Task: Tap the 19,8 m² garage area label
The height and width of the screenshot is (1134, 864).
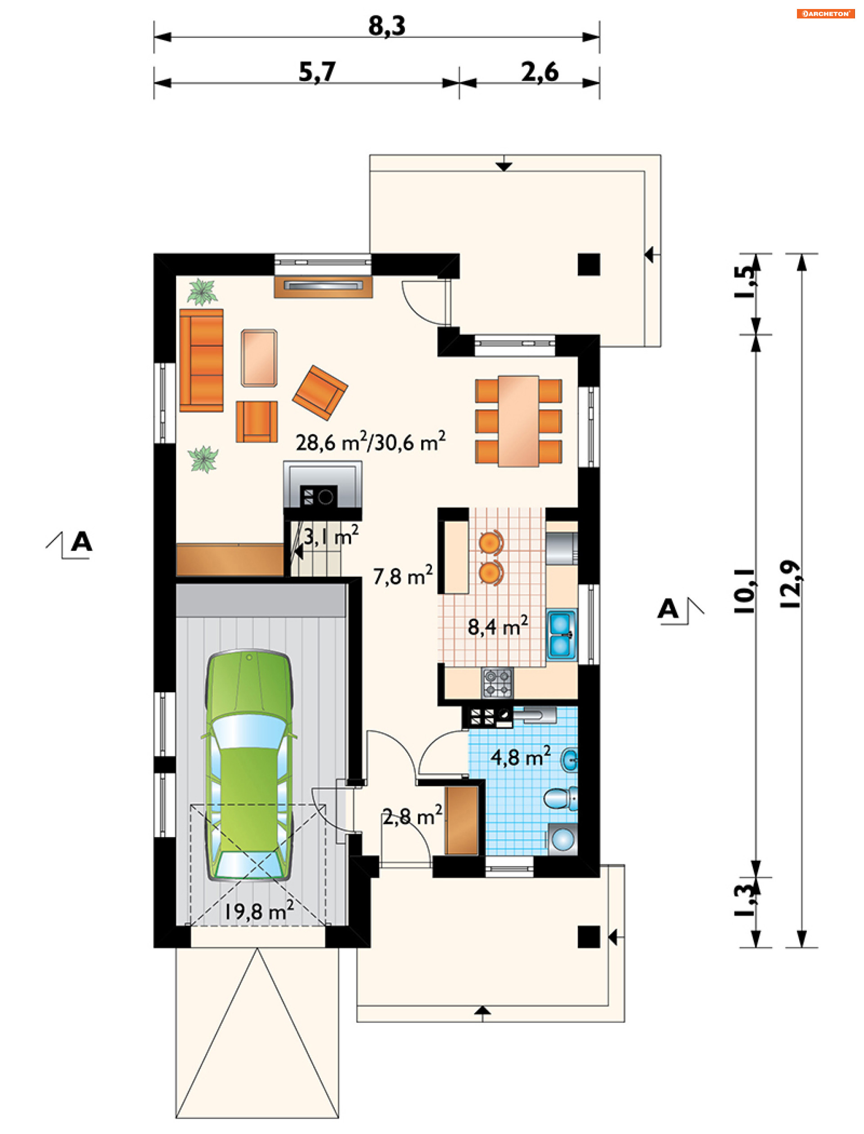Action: [259, 911]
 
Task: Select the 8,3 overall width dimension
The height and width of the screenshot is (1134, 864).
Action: [387, 26]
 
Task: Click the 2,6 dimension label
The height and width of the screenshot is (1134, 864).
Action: [540, 72]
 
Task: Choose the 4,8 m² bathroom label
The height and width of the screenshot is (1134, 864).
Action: [521, 756]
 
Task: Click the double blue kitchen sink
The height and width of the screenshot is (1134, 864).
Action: [562, 634]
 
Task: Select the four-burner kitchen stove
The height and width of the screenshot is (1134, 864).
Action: [497, 683]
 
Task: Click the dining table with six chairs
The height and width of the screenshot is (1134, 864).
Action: [518, 421]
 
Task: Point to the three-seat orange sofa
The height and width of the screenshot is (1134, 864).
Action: [201, 360]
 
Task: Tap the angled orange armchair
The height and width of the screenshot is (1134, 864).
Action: [320, 393]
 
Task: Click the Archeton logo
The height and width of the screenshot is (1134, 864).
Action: [825, 14]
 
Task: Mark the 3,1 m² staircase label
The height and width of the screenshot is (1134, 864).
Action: [331, 536]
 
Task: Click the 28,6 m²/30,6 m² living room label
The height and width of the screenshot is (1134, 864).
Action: [370, 442]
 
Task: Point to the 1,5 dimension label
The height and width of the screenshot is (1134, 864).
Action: [746, 282]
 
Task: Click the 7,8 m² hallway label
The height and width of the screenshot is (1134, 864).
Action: [403, 576]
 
